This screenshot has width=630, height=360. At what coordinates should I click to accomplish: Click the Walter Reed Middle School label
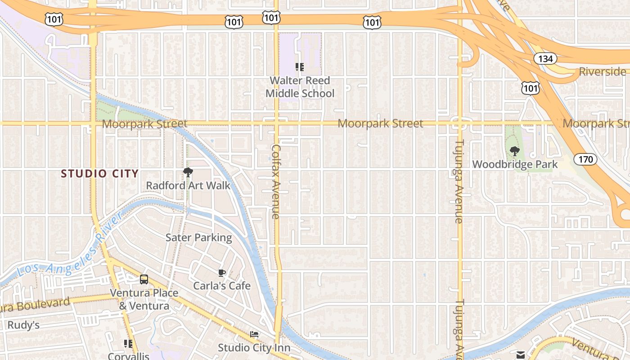[x=300, y=87]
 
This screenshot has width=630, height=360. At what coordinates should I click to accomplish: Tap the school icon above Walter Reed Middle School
[x=300, y=67]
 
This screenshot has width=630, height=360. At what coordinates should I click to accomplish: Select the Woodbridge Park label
[x=515, y=165]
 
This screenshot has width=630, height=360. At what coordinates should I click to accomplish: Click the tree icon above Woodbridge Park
[x=515, y=151]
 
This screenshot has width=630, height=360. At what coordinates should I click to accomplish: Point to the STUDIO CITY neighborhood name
[x=99, y=174]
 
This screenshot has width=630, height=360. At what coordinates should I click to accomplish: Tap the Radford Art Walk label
[x=188, y=185]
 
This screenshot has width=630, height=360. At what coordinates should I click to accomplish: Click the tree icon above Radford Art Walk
[x=188, y=172]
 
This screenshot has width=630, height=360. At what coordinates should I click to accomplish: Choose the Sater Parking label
[x=199, y=238]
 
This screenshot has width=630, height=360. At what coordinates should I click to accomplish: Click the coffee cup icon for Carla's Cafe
[x=221, y=273]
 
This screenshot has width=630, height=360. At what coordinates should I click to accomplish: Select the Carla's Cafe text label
[x=222, y=286]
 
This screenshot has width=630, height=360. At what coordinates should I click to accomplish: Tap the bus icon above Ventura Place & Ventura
[x=144, y=279]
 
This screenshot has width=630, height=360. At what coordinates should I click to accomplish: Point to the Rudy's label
[x=23, y=325]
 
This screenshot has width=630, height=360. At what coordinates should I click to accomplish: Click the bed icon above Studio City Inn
[x=254, y=334]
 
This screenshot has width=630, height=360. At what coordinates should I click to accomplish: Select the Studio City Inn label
[x=254, y=348]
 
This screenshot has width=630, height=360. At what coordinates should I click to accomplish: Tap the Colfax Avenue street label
[x=276, y=182]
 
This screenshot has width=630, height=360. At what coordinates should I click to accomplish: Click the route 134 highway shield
[x=545, y=58]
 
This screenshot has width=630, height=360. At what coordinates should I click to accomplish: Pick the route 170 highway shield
[x=585, y=159]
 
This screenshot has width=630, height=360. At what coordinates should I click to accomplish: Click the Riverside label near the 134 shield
[x=602, y=72]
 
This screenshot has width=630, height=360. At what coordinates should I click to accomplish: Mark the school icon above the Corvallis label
[x=128, y=344]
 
